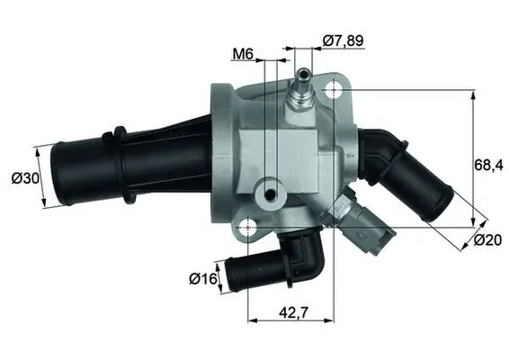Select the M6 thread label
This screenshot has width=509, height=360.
(x=242, y=54)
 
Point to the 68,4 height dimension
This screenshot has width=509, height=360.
(x=488, y=165)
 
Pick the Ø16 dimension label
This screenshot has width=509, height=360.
(x=202, y=277)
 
